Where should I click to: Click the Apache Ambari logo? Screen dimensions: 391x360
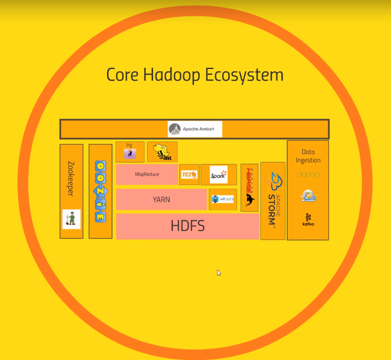click(195, 129)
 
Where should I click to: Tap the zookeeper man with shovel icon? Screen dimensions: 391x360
click(71, 219)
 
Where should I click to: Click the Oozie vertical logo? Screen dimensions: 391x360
click(100, 191)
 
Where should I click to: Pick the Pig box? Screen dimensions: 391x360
click(130, 152)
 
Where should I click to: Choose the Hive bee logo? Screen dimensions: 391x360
click(162, 152)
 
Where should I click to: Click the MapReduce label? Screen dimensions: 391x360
click(147, 174)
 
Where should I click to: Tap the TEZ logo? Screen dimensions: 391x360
click(189, 175)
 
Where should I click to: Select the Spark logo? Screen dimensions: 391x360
click(219, 175)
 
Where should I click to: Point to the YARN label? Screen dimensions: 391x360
click(161, 199)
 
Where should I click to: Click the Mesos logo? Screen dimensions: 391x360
click(223, 199)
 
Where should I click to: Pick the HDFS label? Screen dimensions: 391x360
click(188, 226)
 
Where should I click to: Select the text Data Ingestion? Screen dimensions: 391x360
click(308, 156)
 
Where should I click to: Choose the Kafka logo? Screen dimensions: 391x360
click(308, 220)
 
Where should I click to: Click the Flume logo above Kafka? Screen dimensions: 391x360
click(308, 196)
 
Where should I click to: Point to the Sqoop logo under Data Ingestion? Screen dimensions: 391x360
click(308, 175)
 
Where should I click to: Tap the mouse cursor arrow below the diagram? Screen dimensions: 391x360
click(219, 272)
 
